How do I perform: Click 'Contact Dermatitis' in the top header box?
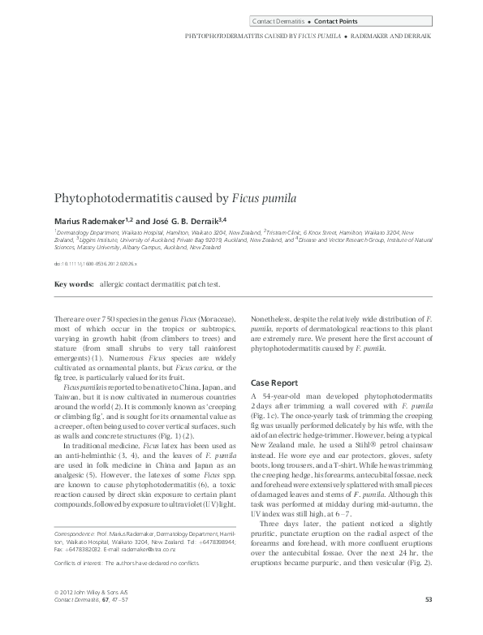pos(278,20)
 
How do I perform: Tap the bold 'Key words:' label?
pos(73,284)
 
